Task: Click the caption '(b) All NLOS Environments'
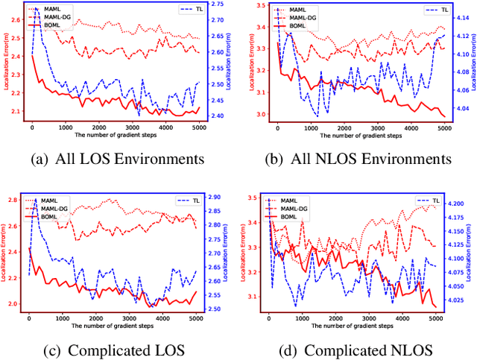pos(357,159)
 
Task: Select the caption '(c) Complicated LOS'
pos(118,350)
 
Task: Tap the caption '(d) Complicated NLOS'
pos(357,350)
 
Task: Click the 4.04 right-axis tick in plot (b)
pos(461,108)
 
